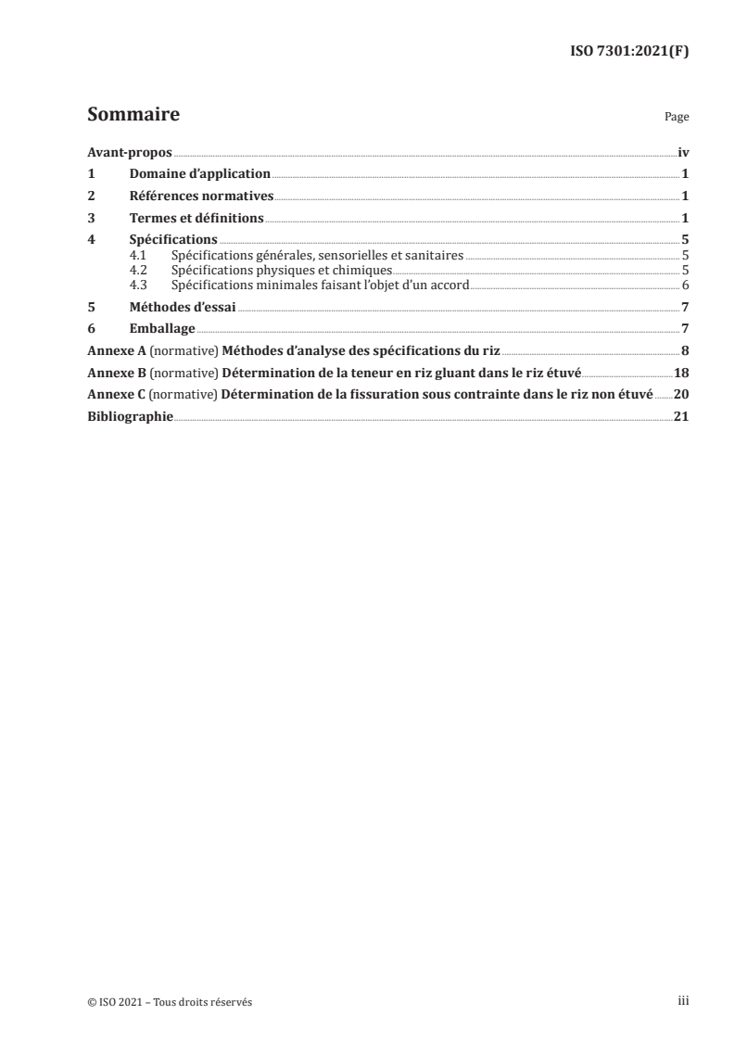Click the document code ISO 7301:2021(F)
click(628, 52)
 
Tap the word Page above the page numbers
click(677, 118)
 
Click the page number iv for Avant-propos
click(682, 152)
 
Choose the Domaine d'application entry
click(200, 174)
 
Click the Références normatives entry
click(201, 196)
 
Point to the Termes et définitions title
click(196, 218)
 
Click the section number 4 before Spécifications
click(91, 240)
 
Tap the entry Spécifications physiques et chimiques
click(275, 270)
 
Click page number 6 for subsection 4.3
click(685, 285)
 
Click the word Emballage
click(162, 329)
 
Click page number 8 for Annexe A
click(685, 351)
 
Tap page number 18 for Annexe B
click(681, 374)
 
